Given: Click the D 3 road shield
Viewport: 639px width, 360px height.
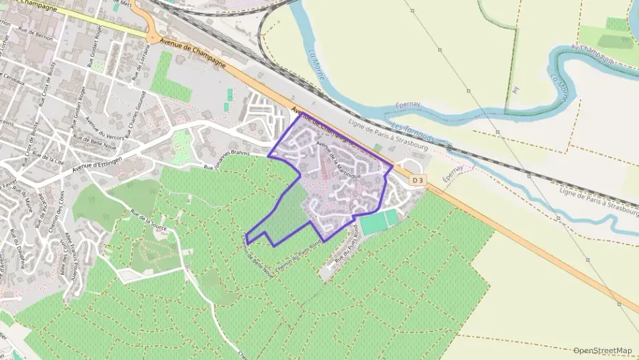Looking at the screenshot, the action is click(418, 180).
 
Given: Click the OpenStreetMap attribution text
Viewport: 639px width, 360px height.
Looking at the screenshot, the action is click(603, 350).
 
